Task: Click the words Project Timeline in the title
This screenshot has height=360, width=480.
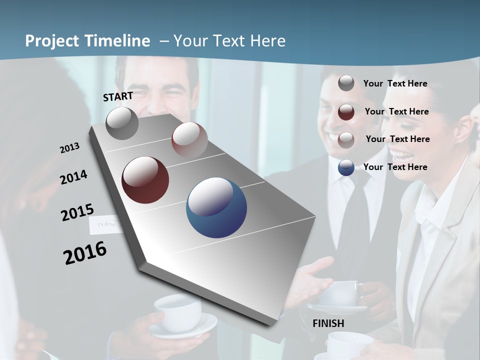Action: (x=87, y=41)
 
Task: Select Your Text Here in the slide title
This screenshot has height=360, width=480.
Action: (x=229, y=41)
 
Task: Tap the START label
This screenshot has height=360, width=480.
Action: (x=118, y=96)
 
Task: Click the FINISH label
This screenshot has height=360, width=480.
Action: (x=328, y=323)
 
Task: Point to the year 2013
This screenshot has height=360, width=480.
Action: (x=69, y=148)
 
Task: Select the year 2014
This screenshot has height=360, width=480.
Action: (x=73, y=177)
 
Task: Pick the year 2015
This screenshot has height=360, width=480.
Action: (x=77, y=212)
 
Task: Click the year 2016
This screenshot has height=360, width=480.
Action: (x=85, y=253)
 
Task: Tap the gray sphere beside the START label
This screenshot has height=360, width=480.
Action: (x=122, y=123)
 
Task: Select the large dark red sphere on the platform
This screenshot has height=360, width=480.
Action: (x=145, y=180)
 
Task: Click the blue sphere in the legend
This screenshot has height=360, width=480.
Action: (x=346, y=167)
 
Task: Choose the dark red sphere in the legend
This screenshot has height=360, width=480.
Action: (x=346, y=112)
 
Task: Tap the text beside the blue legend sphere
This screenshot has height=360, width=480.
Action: (x=395, y=167)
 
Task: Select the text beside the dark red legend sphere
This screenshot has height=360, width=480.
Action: (x=396, y=111)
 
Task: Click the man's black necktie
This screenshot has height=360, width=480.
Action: (x=356, y=220)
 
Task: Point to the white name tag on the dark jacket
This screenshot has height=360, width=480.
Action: (x=106, y=225)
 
